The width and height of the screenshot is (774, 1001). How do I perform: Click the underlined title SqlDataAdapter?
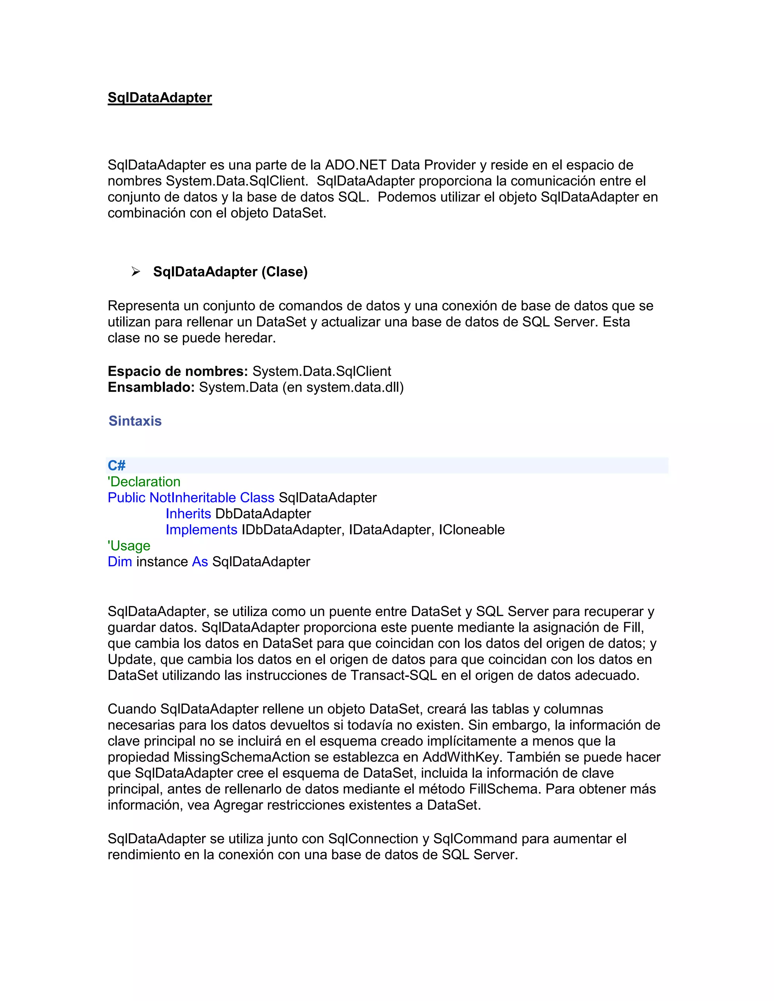pyautogui.click(x=159, y=97)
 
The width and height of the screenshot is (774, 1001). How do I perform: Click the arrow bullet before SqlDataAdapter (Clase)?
pyautogui.click(x=135, y=272)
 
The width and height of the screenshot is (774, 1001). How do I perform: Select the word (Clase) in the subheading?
pyautogui.click(x=284, y=272)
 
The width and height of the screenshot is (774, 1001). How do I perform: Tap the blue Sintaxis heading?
pyautogui.click(x=135, y=421)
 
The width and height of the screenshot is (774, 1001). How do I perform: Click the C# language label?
pyautogui.click(x=116, y=466)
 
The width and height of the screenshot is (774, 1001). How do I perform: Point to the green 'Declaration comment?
pyautogui.click(x=144, y=482)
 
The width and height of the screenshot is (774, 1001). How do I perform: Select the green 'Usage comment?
pyautogui.click(x=129, y=546)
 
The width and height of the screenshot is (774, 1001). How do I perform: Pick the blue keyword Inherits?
pyautogui.click(x=188, y=514)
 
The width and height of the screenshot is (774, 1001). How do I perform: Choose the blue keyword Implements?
pyautogui.click(x=201, y=530)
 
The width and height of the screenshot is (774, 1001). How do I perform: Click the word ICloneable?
pyautogui.click(x=471, y=530)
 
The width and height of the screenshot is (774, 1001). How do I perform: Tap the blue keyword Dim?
pyautogui.click(x=120, y=562)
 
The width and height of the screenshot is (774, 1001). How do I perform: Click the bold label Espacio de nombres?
pyautogui.click(x=178, y=371)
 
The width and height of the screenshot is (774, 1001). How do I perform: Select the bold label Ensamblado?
pyautogui.click(x=151, y=387)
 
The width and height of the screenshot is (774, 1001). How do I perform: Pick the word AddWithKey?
pyautogui.click(x=460, y=757)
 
